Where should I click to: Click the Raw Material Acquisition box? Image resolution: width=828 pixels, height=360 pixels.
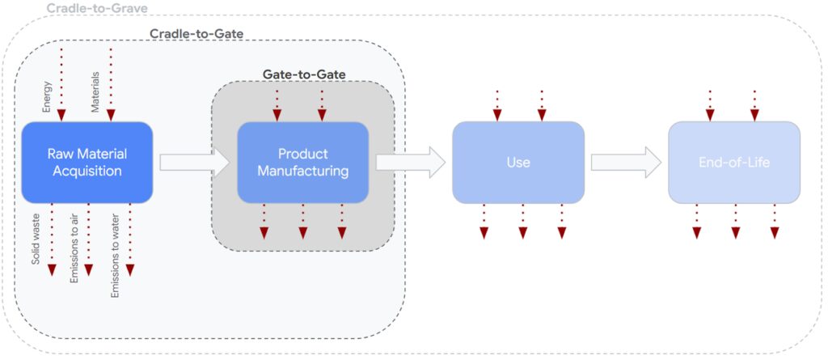click(x=87, y=162)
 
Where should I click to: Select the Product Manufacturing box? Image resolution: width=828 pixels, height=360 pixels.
click(x=302, y=162)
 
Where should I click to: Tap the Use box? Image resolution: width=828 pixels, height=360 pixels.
click(x=517, y=162)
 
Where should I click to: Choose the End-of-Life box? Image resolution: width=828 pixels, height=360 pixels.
click(x=733, y=162)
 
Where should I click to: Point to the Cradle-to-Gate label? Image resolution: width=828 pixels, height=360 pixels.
click(x=196, y=33)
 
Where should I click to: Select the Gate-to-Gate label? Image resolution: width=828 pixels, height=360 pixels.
click(x=303, y=74)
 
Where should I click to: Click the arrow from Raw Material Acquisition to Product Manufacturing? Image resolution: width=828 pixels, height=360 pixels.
click(x=195, y=162)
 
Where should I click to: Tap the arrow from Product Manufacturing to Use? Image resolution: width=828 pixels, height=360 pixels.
click(x=410, y=162)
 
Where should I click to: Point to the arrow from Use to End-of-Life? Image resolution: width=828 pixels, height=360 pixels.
click(x=626, y=162)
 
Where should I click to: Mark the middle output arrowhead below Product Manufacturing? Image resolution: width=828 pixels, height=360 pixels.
click(x=303, y=233)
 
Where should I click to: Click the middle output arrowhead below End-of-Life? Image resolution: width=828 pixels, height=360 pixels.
click(x=736, y=233)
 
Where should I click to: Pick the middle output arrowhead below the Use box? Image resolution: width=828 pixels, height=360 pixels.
click(x=522, y=233)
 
